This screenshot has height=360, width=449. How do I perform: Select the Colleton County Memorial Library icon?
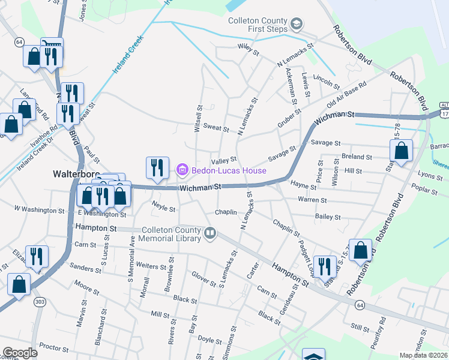[209, 233]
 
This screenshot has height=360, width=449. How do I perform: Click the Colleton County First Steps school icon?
[296, 23]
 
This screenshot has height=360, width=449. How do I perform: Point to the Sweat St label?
[216, 128]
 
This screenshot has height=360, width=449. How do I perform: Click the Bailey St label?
[328, 217]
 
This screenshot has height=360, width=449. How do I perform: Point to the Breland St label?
[357, 157]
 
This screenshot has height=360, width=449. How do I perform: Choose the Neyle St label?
[163, 209]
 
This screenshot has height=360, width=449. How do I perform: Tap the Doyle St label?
[209, 340]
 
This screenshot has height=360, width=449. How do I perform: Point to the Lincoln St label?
[327, 80]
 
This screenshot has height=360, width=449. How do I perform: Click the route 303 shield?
[40, 301]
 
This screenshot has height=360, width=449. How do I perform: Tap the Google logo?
[20, 353]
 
